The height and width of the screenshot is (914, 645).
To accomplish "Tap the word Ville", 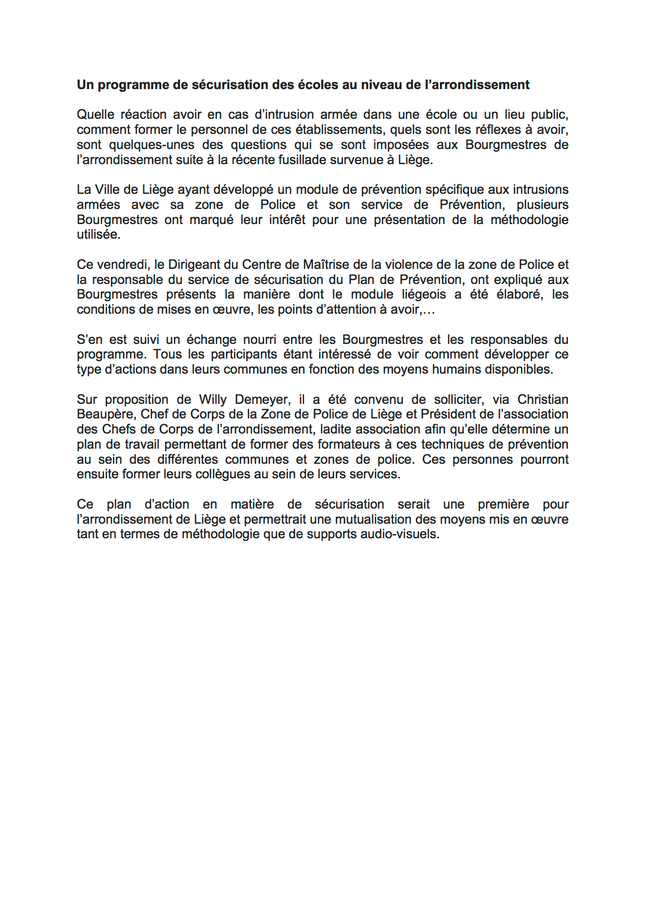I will click(107, 190).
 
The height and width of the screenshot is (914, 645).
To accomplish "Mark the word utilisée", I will click(98, 234).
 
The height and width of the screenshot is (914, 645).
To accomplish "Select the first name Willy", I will click(213, 400).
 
